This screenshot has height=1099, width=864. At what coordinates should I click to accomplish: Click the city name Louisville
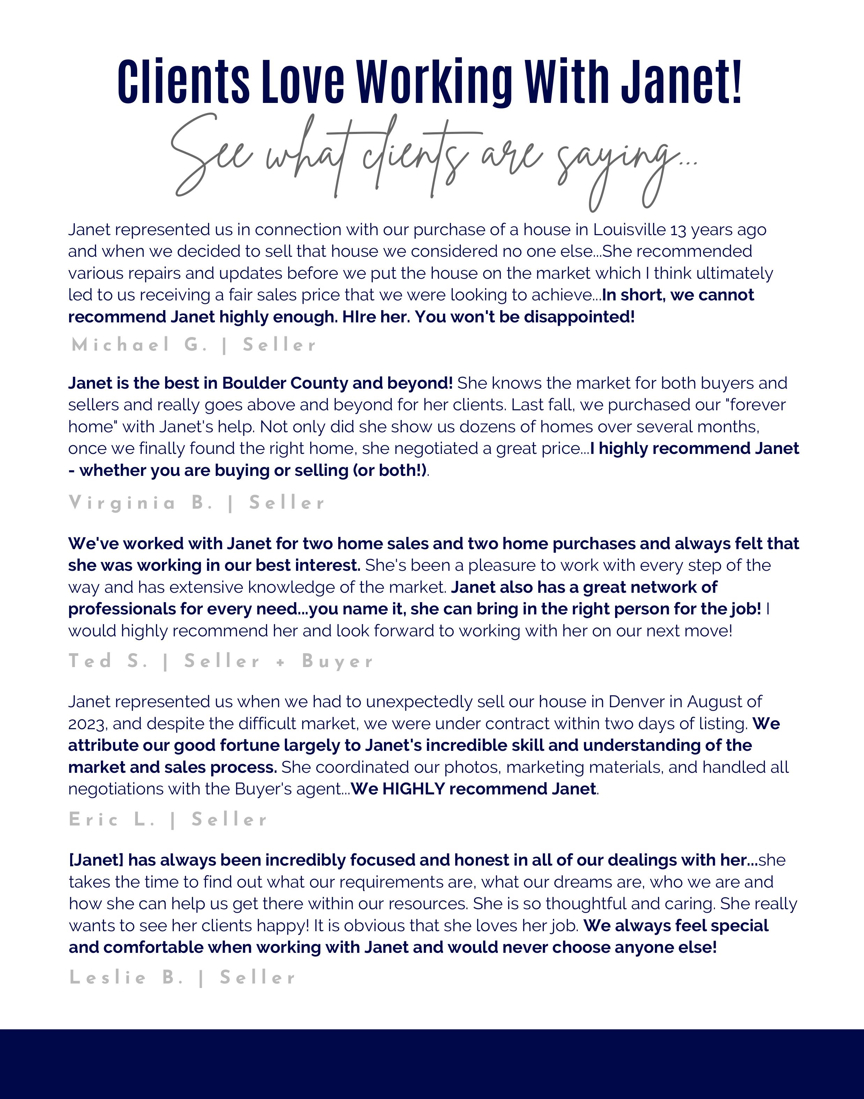(x=629, y=230)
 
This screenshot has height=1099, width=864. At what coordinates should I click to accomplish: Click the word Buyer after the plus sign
(x=338, y=661)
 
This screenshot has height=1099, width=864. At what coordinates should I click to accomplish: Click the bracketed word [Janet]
(x=96, y=860)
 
